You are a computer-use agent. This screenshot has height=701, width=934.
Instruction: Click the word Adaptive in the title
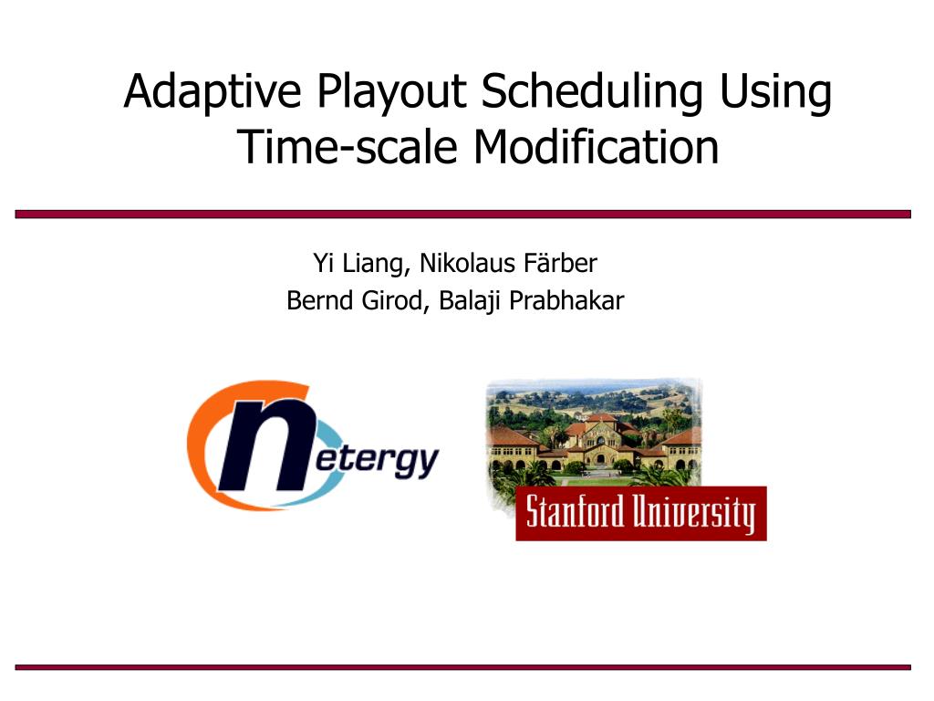point(212,92)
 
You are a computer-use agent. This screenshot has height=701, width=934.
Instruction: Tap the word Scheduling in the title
point(592,92)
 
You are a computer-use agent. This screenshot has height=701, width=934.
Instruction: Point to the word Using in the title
point(775,92)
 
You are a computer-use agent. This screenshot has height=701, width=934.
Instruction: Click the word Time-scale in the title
point(347,147)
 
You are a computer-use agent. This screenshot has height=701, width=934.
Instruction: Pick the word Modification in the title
point(597,147)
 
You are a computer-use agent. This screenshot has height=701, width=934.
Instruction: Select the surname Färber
point(560,263)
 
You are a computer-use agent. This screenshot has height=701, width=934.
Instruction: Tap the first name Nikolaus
point(468,263)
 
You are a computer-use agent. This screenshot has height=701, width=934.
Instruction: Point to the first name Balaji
point(470,301)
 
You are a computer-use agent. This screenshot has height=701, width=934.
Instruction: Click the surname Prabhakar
point(566,300)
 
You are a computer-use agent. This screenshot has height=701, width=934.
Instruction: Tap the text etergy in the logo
point(377,460)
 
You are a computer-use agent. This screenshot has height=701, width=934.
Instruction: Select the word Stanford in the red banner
point(576,512)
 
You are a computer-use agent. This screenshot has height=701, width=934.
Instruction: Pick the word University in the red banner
point(694,514)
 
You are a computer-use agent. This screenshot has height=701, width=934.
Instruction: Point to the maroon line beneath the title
point(462,214)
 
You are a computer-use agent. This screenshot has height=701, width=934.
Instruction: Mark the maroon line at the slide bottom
point(462,667)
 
